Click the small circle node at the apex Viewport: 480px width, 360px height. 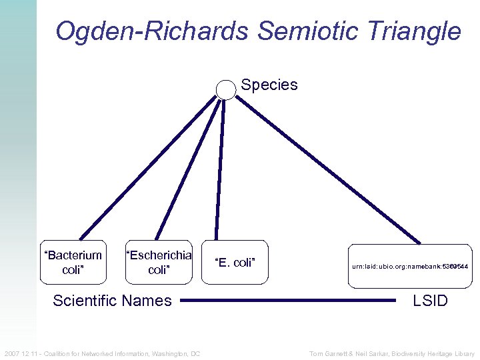[227, 89]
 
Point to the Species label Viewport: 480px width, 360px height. [269, 85]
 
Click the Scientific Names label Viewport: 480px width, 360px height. [112, 301]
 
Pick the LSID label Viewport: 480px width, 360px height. [430, 301]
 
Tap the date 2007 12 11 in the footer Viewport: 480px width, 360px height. [21, 353]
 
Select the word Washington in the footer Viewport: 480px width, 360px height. [170, 353]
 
